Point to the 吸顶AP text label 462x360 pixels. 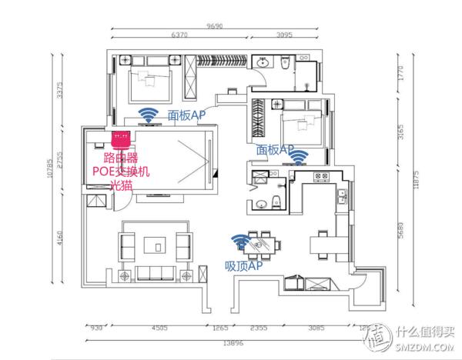(243, 265)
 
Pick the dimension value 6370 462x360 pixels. (179, 35)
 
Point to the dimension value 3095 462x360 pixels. (285, 35)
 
